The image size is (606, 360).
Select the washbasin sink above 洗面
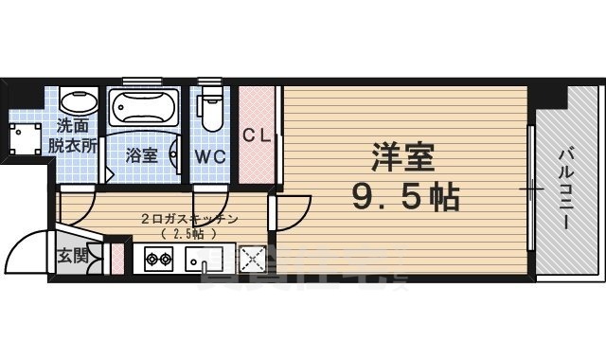point(75,101)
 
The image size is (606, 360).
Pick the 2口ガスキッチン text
point(187,219)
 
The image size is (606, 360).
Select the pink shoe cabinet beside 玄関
point(118,258)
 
